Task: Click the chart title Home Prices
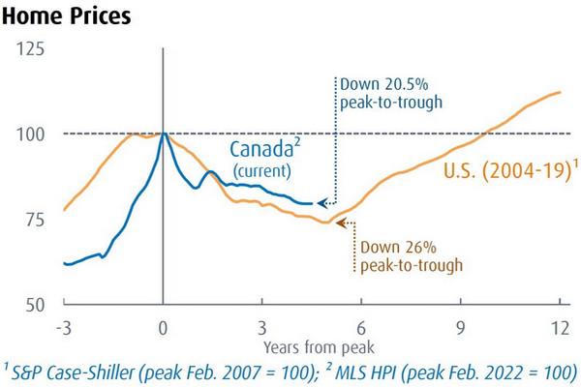[x=66, y=16]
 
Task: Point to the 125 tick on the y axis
[x=30, y=49]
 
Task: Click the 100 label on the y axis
[x=30, y=134]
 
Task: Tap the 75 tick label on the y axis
[x=35, y=220]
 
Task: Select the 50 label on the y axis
[x=35, y=305]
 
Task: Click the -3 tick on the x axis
[x=64, y=328]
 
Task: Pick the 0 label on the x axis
[x=163, y=328]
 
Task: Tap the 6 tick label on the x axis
[x=361, y=328]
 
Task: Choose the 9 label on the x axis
[x=461, y=328]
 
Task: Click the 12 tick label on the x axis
[x=560, y=328]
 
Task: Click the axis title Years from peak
[x=319, y=347]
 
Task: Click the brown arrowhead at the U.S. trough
[x=341, y=223]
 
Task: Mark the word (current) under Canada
[x=262, y=171]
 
